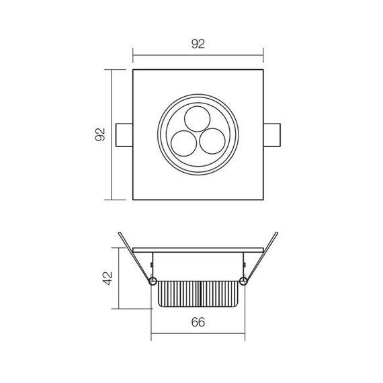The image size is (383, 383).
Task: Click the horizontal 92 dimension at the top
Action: click(x=198, y=45)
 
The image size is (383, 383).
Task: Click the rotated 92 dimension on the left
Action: click(x=101, y=135)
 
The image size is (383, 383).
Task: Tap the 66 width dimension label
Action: click(x=198, y=322)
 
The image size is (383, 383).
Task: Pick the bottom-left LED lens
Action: click(x=183, y=142)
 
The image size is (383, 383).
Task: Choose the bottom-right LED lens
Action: click(x=212, y=142)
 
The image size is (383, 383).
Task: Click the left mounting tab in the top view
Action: click(x=125, y=134)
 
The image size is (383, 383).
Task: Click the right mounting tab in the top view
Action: click(x=271, y=134)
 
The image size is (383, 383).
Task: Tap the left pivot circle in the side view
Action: click(x=153, y=280)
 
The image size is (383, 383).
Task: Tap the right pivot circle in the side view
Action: click(x=243, y=280)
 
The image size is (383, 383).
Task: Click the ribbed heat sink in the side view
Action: click(x=198, y=292)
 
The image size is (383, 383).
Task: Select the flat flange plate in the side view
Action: click(x=198, y=249)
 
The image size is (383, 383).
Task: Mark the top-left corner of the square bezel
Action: click(x=133, y=70)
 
